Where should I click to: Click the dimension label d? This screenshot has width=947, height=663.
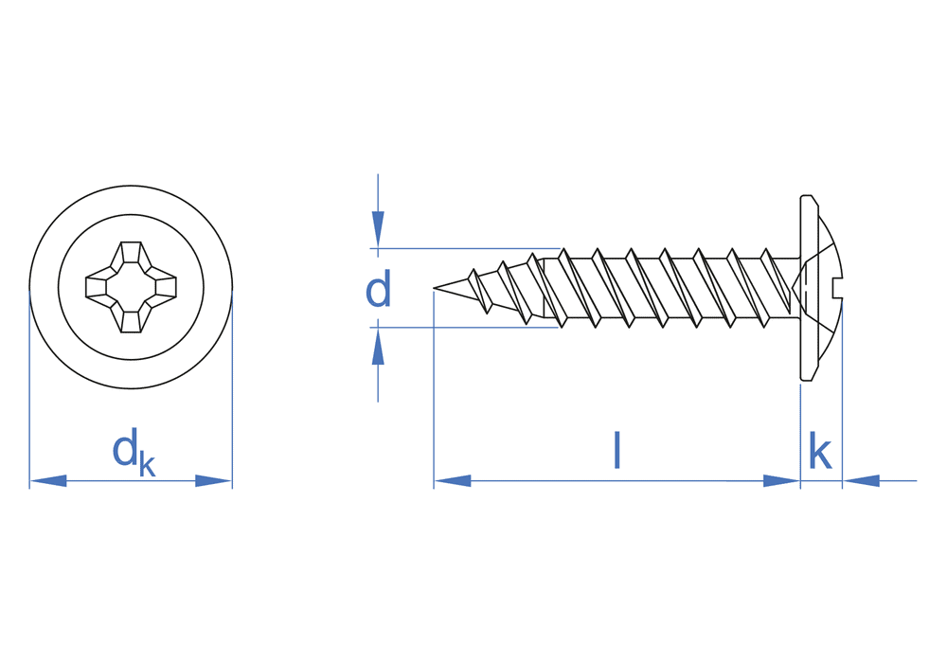(378, 289)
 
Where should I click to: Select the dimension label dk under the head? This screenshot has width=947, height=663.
(134, 452)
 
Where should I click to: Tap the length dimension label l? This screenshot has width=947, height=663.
(616, 450)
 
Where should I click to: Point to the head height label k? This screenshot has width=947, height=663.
(820, 450)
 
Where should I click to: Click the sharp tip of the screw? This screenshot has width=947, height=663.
(435, 289)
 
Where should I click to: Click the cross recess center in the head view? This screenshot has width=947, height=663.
(131, 287)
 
